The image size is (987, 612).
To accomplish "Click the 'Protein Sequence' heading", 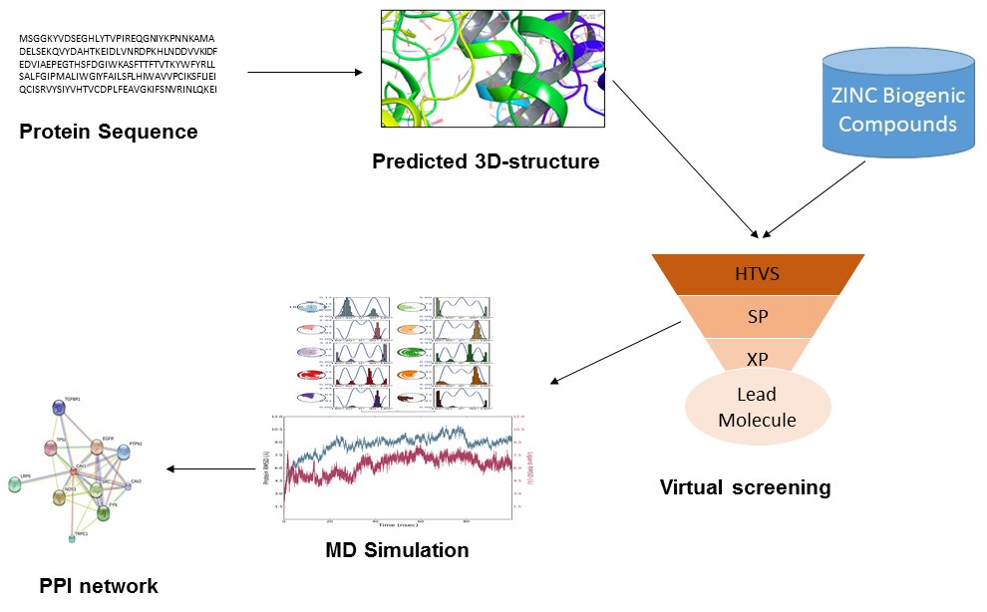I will pyautogui.click(x=109, y=132).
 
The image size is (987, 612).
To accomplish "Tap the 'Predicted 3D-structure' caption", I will pyautogui.click(x=486, y=160).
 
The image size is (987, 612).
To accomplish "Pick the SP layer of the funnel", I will pyautogui.click(x=758, y=316).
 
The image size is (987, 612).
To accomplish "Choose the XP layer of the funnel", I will pyautogui.click(x=758, y=357).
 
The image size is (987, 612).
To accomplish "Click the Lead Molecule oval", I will pyautogui.click(x=758, y=407).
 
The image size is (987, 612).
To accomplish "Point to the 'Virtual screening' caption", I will pyautogui.click(x=745, y=487).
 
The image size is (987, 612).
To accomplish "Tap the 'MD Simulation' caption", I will pyautogui.click(x=397, y=549).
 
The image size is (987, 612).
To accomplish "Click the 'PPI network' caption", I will pyautogui.click(x=99, y=585).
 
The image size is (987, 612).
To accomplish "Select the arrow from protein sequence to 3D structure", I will pyautogui.click(x=304, y=73).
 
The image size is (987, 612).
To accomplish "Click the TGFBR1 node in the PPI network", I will pyautogui.click(x=59, y=408).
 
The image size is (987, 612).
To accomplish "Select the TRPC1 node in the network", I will pyautogui.click(x=72, y=537).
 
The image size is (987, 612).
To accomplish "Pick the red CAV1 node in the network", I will pyautogui.click(x=75, y=469).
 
